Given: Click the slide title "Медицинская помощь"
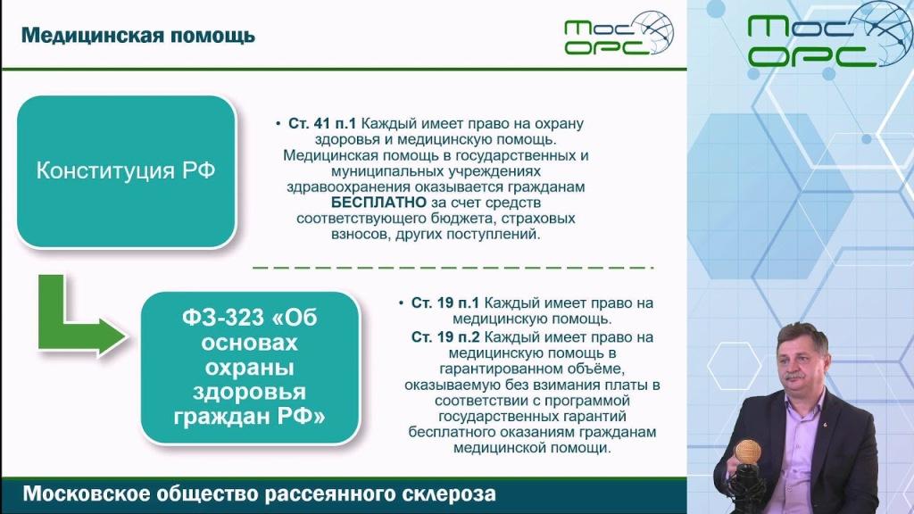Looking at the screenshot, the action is (138, 36).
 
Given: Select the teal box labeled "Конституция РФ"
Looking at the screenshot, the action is (126, 171).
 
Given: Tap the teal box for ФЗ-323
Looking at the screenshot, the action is (250, 367).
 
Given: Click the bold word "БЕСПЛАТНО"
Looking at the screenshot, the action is (378, 203).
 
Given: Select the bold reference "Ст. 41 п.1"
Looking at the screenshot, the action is (321, 123).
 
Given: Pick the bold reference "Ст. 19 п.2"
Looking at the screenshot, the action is (445, 336).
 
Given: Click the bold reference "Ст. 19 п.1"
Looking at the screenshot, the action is (445, 303).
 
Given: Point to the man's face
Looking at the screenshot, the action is (801, 362).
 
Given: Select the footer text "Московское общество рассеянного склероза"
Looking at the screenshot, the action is (260, 494).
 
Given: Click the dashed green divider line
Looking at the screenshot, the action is (453, 268).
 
